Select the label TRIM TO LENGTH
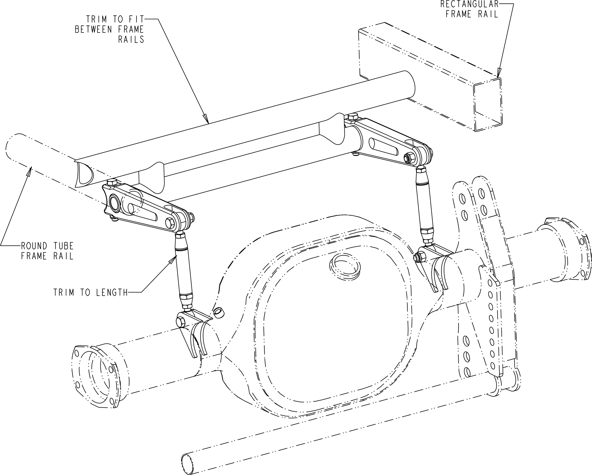pos(91,292)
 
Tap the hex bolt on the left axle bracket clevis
pos(181,322)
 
